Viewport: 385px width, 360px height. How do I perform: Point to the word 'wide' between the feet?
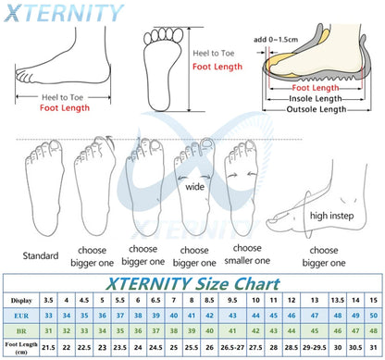196,186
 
